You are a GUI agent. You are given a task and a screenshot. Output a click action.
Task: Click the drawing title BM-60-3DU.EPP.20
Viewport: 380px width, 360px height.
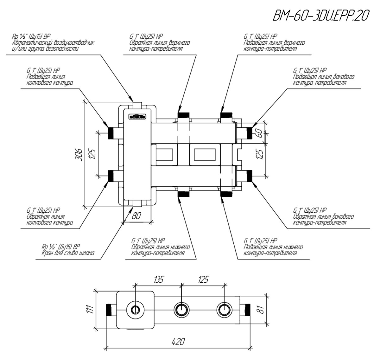[320, 15]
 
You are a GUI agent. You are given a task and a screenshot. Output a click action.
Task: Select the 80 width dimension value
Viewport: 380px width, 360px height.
[136, 216]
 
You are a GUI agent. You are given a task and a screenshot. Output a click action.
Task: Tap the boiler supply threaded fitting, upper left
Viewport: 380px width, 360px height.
[111, 133]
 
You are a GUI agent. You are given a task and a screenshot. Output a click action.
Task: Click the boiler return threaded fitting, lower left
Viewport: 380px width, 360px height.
[111, 176]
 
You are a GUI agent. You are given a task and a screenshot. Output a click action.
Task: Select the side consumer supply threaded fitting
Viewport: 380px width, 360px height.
[249, 132]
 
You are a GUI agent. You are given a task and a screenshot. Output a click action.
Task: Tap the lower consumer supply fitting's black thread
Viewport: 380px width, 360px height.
[227, 194]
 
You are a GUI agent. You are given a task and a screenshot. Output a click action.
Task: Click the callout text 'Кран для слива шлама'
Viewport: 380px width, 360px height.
[68, 253]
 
